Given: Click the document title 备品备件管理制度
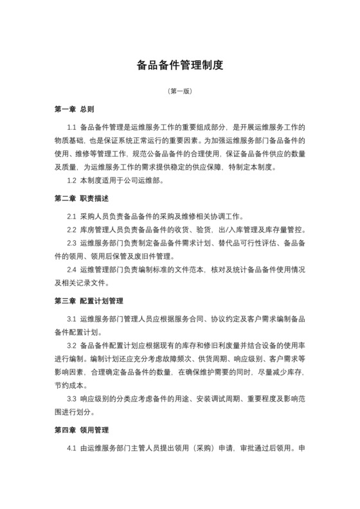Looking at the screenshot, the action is (x=180, y=65).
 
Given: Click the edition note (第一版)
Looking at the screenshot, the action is (x=180, y=92).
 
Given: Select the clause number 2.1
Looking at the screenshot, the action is (x=71, y=215).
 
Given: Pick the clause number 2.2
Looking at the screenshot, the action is (x=71, y=229).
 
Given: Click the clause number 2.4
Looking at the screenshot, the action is (x=71, y=270).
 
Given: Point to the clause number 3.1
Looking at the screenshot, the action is (x=71, y=319).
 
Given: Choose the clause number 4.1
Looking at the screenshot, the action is (x=71, y=447).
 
